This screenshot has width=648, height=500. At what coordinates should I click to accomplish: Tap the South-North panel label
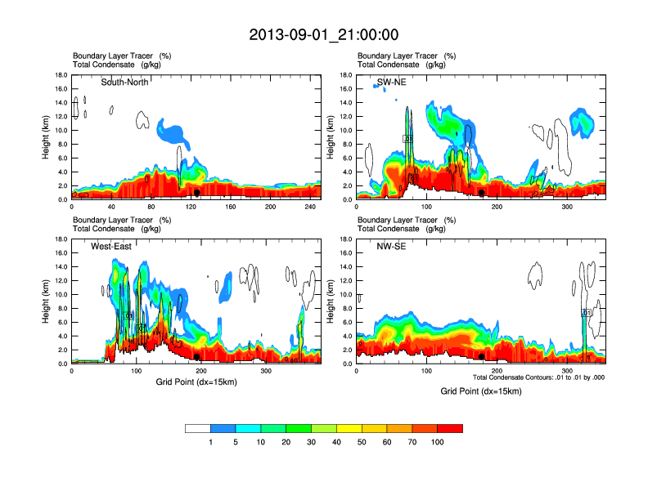pos(124,82)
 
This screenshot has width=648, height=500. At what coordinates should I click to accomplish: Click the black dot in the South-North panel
pos(197,193)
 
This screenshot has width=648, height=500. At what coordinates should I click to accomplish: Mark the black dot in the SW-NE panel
pos(482,193)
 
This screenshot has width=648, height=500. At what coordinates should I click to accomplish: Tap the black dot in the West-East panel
pos(197,356)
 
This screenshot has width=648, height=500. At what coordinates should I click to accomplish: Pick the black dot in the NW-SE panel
pos(482,356)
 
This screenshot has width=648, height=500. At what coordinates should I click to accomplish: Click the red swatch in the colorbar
pos(450,428)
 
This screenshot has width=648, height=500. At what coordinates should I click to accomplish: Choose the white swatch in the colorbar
pos(198,428)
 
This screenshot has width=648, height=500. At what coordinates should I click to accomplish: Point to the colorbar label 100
pos(437,442)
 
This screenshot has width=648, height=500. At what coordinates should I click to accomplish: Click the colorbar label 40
pos(337,442)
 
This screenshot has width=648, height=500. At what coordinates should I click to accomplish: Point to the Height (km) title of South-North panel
pos(47,137)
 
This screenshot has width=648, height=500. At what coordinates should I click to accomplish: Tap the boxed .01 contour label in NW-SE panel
pos(587,312)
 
